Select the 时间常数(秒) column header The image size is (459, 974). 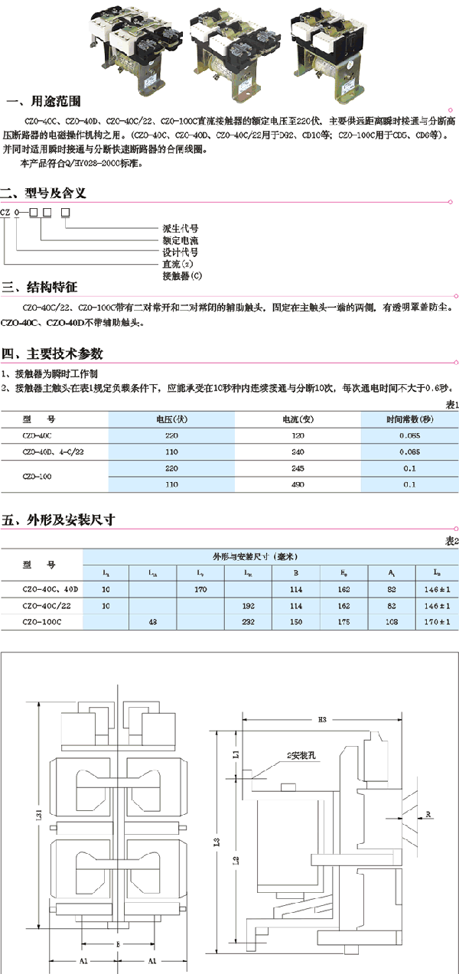pos(409,419)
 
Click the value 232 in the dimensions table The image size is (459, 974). pos(248,621)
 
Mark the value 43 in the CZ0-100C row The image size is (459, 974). pos(152,621)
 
